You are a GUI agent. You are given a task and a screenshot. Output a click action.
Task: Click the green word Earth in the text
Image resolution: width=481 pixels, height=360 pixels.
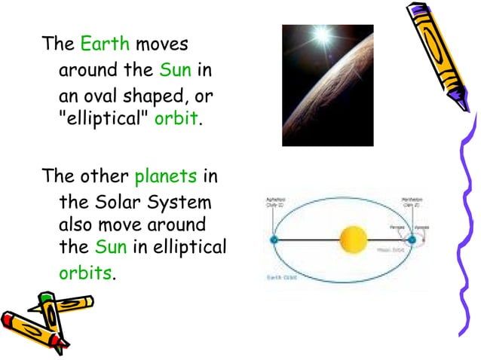106,43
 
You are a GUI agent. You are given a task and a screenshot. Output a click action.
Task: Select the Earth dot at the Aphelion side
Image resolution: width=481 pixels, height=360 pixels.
274,240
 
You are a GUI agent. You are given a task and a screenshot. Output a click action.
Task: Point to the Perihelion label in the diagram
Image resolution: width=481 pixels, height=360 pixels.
413,202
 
